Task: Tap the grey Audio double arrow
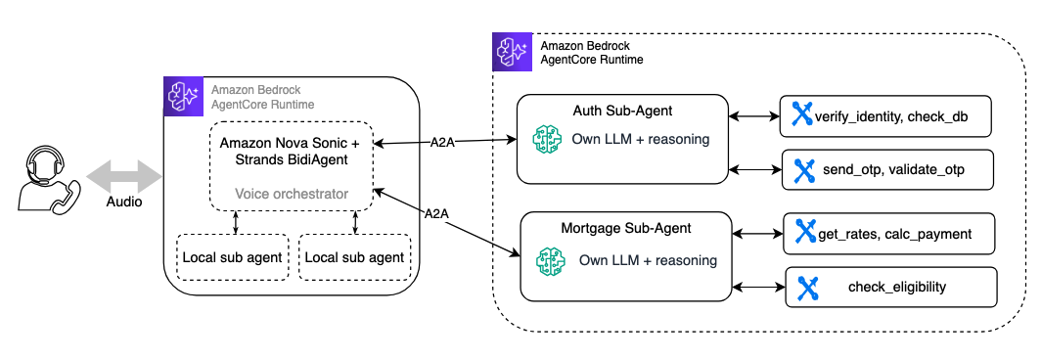tap(123, 177)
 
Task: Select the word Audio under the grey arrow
tap(123, 202)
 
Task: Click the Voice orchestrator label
tap(293, 194)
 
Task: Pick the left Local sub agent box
tap(233, 256)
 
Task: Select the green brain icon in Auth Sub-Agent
tap(547, 140)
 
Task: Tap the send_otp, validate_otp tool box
tap(888, 170)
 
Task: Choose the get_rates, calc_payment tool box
tap(889, 234)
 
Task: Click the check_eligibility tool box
tap(891, 287)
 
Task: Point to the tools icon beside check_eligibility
tap(807, 288)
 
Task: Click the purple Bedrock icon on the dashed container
tap(512, 51)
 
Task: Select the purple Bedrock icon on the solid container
tap(183, 96)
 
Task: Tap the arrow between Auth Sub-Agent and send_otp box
tap(755, 170)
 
